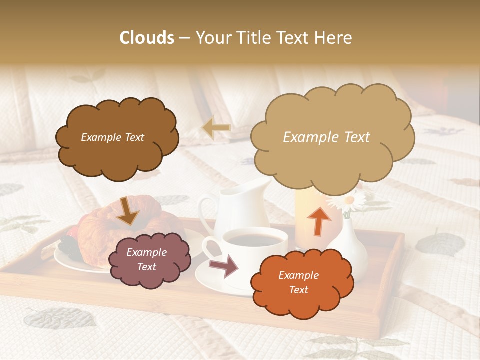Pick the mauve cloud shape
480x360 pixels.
tap(149, 260)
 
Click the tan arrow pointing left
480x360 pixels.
tap(216, 128)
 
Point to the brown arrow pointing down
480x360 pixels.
tap(127, 211)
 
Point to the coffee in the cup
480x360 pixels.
tap(254, 240)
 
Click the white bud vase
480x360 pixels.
tap(350, 245)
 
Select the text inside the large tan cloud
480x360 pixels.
tap(327, 137)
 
